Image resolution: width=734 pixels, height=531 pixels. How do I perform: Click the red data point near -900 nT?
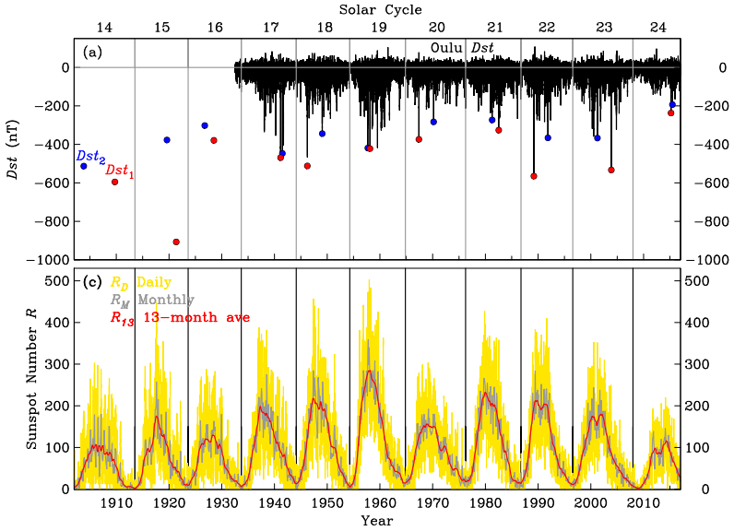(x=176, y=242)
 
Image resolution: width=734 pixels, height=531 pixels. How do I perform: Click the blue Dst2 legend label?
(x=90, y=158)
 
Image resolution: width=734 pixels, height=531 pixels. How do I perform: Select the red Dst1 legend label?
(x=120, y=171)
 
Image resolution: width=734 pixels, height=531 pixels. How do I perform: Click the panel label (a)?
(x=93, y=53)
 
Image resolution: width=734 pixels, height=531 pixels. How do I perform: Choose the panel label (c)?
(x=93, y=282)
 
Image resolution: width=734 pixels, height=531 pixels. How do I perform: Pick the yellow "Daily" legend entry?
(x=140, y=282)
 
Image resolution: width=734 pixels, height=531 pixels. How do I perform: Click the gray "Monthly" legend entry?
(x=152, y=300)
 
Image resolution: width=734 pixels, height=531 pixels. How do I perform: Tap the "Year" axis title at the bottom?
(x=377, y=521)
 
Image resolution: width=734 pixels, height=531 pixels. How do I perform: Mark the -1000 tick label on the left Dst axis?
(x=51, y=261)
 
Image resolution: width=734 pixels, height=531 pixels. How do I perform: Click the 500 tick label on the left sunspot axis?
(x=57, y=280)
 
